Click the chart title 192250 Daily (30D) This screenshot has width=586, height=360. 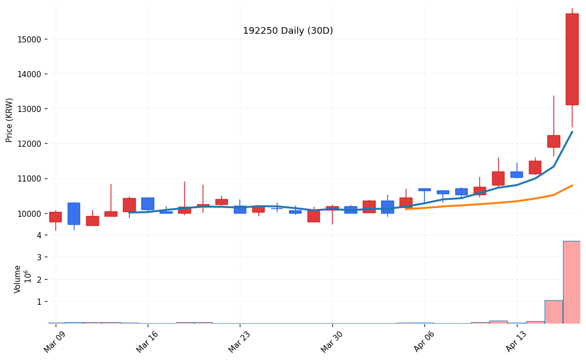[x=288, y=31]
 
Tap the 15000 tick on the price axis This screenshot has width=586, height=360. [x=33, y=39]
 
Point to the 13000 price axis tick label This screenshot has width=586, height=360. [x=33, y=109]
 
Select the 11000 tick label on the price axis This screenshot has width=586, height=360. [x=33, y=178]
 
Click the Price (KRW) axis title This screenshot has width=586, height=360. [x=10, y=120]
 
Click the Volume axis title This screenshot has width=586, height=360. [x=18, y=279]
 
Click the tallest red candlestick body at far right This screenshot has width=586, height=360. [x=572, y=59]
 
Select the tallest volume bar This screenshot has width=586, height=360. [x=572, y=282]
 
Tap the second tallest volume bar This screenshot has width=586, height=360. [x=553, y=312]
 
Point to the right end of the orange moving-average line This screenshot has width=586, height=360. [x=572, y=185]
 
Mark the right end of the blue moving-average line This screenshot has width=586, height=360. [x=572, y=131]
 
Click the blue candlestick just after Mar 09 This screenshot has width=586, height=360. [x=74, y=214]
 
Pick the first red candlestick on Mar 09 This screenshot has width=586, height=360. [x=55, y=217]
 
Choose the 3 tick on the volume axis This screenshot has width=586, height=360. [x=39, y=257]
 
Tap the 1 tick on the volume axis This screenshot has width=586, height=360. [x=39, y=302]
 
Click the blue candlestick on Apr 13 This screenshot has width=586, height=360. [x=516, y=174]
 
